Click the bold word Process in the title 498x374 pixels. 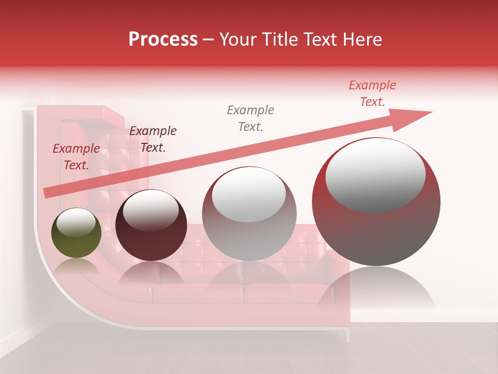click(163, 39)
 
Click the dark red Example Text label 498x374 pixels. click(76, 156)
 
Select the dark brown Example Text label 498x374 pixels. click(153, 139)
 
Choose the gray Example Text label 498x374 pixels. click(251, 118)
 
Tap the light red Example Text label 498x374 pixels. click(372, 93)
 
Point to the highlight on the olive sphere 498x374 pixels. click(76, 223)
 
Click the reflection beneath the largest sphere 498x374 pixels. click(376, 288)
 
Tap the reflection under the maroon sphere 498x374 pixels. click(150, 273)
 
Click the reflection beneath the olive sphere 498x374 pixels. click(76, 265)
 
